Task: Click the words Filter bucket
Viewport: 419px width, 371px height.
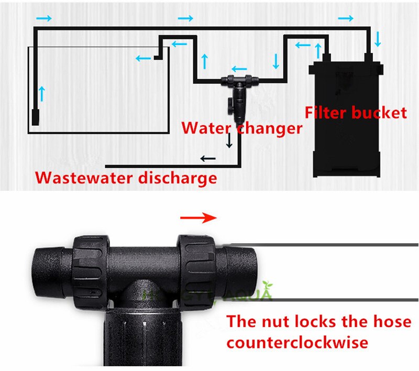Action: (x=356, y=112)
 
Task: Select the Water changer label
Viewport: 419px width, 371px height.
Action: (x=241, y=128)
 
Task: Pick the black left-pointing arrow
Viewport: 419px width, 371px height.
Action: (x=208, y=158)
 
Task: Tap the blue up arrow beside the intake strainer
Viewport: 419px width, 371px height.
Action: (x=42, y=94)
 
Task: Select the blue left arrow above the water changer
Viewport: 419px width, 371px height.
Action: (x=239, y=69)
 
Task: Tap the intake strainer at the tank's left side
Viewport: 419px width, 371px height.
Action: (x=35, y=116)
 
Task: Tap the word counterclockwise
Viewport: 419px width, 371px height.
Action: (x=297, y=343)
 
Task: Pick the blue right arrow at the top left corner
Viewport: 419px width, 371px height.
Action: (x=45, y=19)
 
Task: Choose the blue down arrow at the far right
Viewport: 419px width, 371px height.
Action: (x=378, y=39)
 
